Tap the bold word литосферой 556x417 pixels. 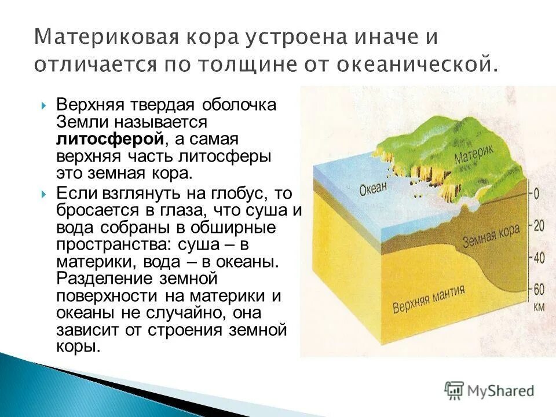[109, 139]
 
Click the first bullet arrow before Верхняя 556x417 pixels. [45, 105]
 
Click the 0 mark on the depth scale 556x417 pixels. [536, 194]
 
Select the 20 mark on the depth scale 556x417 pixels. [538, 226]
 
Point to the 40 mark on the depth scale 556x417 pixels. [539, 258]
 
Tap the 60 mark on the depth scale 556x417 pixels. [539, 290]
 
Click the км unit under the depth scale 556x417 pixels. [539, 307]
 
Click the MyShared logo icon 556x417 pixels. [455, 390]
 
